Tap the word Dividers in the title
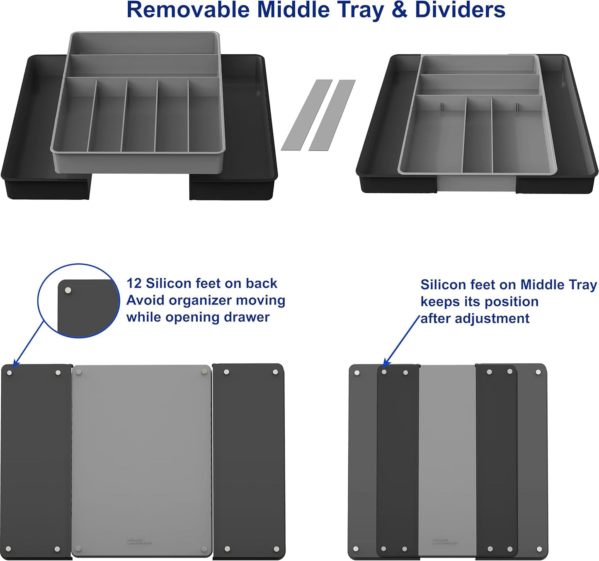tap(460, 10)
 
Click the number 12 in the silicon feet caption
tap(134, 283)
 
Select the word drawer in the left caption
tap(247, 317)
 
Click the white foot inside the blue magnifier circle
tap(68, 290)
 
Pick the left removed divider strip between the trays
tap(307, 115)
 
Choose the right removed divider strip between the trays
tap(332, 115)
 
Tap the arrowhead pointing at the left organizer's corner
tap(14, 364)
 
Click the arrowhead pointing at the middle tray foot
tap(383, 364)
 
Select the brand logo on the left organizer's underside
tap(139, 541)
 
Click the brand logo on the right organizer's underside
tap(445, 541)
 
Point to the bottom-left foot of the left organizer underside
tap(10, 549)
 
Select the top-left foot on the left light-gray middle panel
tap(79, 372)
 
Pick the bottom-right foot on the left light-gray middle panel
tap(205, 550)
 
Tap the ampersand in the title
tap(399, 10)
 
